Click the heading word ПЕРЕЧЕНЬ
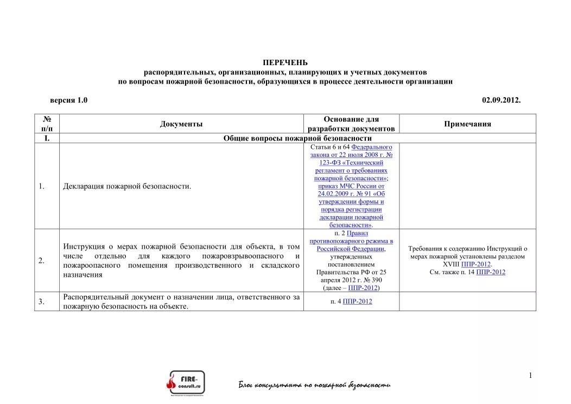(285, 63)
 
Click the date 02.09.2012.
(501, 100)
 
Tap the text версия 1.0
(69, 100)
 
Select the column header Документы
(181, 124)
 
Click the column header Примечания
(467, 124)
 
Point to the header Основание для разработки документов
(351, 124)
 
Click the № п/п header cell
(47, 124)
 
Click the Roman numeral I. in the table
(47, 138)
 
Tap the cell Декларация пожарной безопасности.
(127, 186)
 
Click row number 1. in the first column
(41, 186)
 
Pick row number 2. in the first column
(41, 261)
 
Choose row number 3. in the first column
(41, 301)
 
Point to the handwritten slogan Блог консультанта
(314, 385)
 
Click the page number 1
(530, 376)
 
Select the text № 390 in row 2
(367, 280)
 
